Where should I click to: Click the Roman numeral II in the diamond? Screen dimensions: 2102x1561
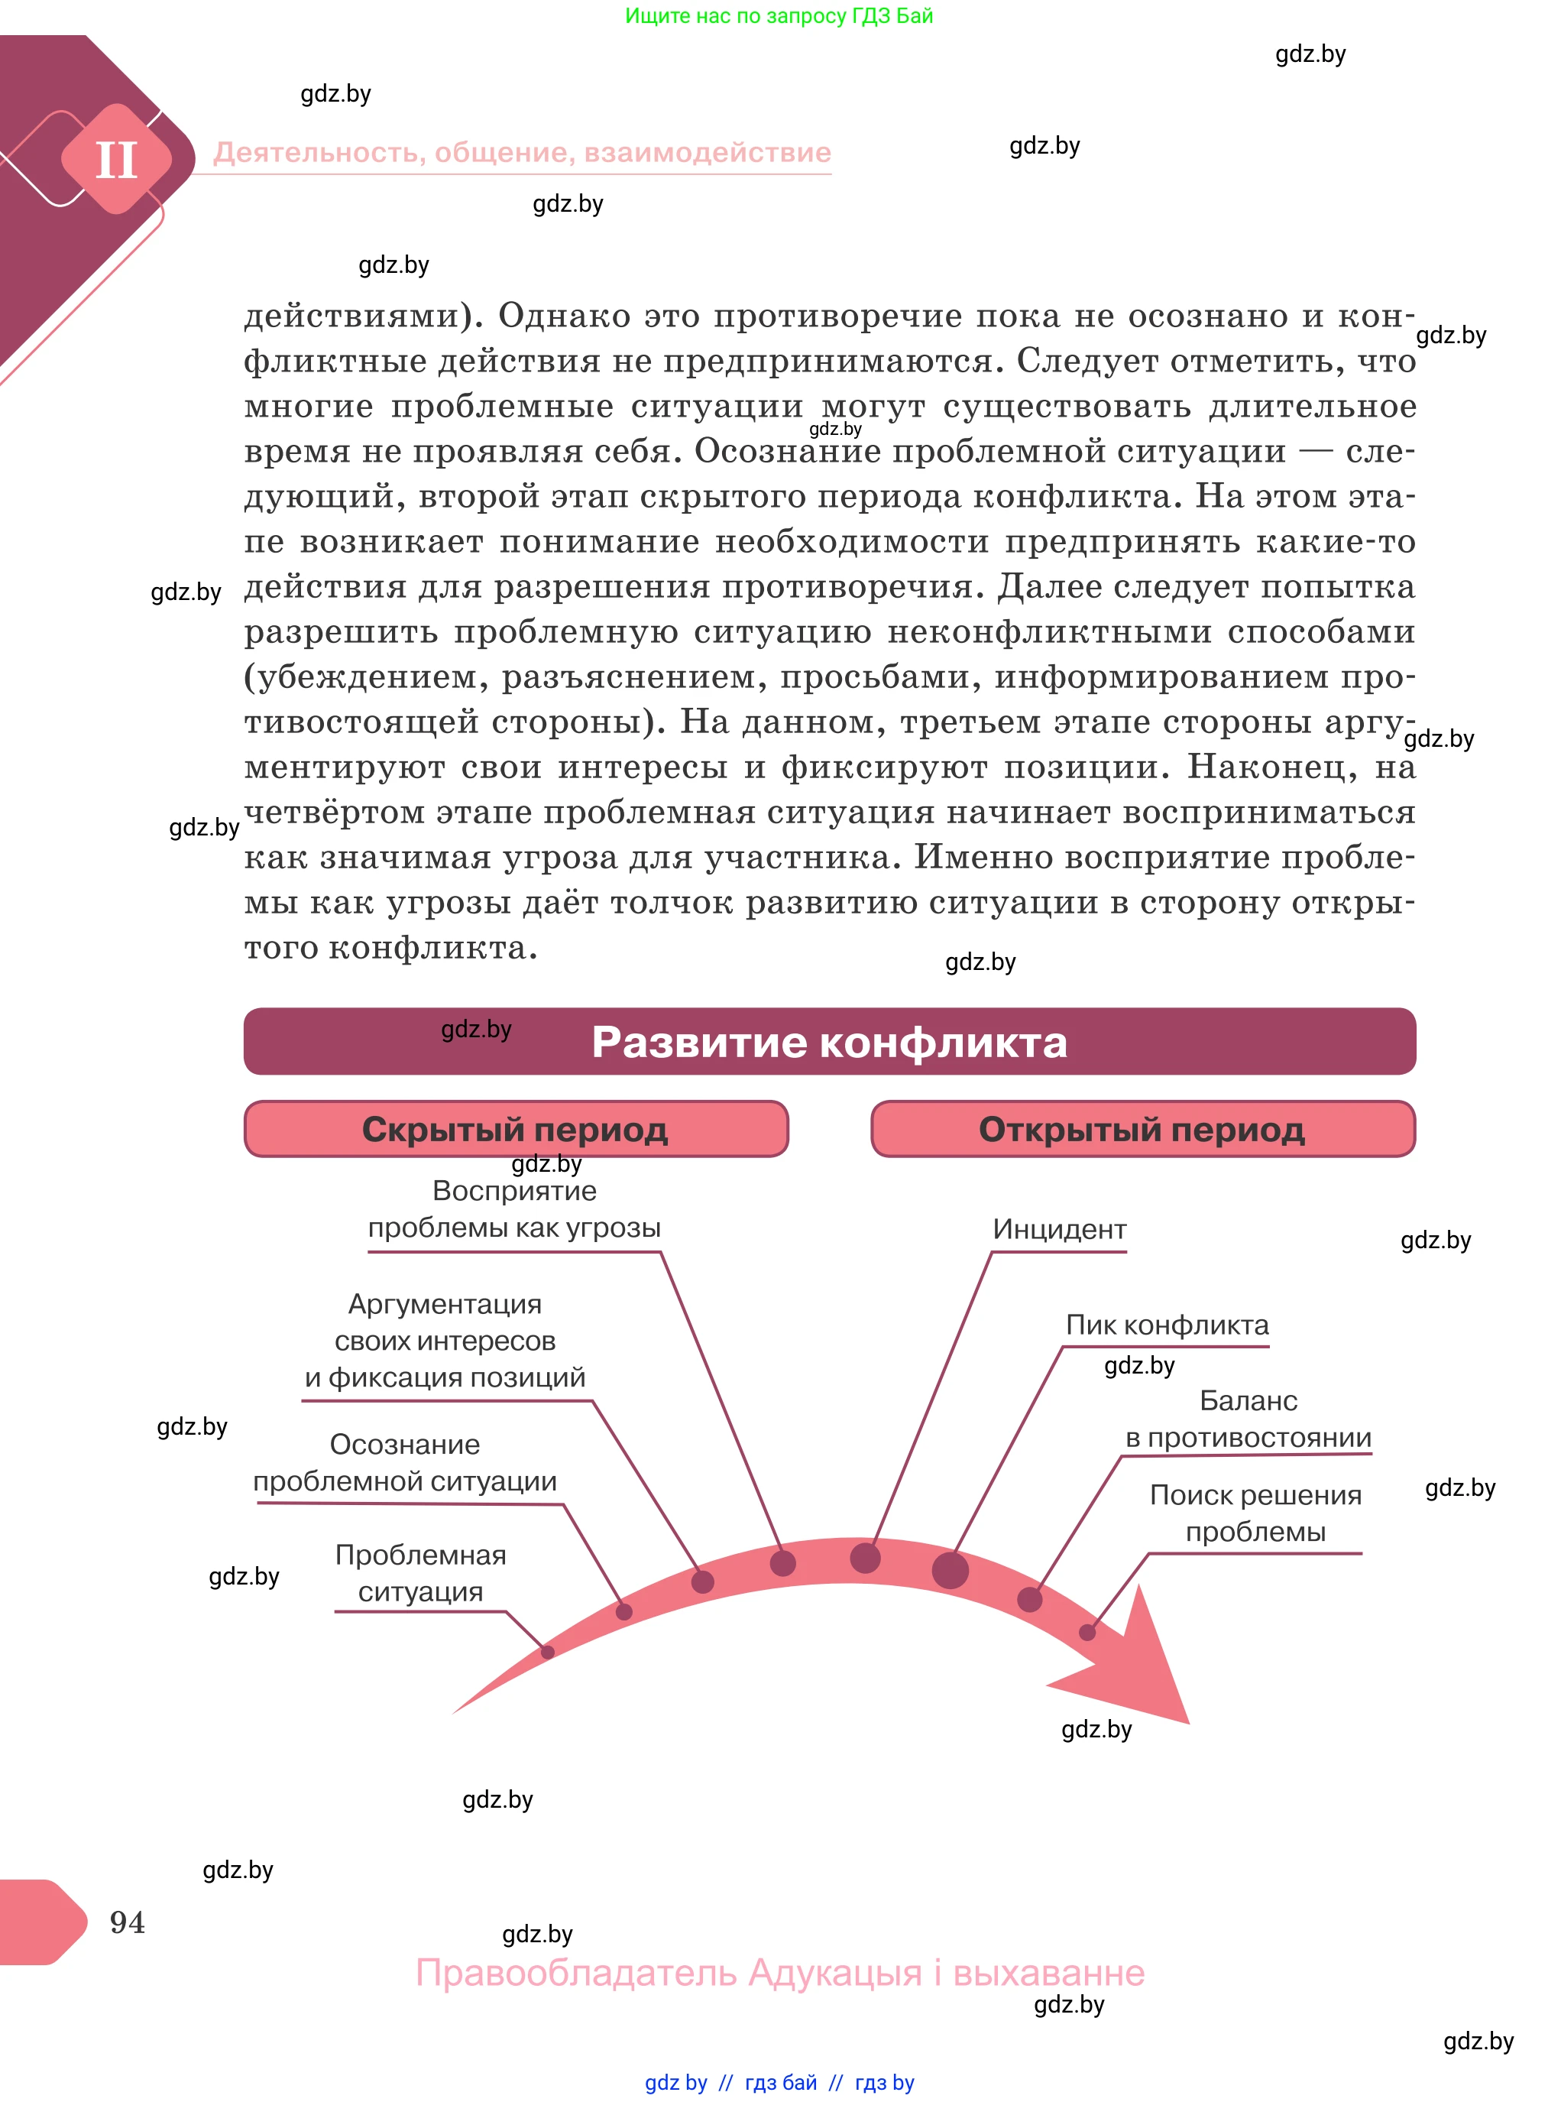click(116, 160)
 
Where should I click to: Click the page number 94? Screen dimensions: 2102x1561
click(128, 1921)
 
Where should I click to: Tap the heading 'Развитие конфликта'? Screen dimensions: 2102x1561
click(829, 1042)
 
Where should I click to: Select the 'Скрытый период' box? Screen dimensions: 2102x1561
click(515, 1128)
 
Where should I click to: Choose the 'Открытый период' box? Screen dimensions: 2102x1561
click(1142, 1128)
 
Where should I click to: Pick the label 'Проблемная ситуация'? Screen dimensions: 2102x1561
click(420, 1573)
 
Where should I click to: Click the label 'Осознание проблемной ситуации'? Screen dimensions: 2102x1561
click(404, 1462)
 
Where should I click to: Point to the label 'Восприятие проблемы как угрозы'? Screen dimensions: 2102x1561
click(514, 1208)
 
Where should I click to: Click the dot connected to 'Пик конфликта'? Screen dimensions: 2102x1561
click(950, 1570)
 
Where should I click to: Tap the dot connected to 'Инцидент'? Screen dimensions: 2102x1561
click(865, 1558)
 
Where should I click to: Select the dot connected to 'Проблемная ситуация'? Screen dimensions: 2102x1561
click(547, 1651)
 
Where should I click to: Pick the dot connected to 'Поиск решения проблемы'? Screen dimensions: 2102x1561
click(1087, 1632)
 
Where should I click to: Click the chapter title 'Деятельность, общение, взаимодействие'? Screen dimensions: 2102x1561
click(522, 152)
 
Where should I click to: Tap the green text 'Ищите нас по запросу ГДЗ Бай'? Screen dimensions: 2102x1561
click(779, 16)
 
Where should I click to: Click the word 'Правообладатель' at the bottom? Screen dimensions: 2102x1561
click(576, 1974)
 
